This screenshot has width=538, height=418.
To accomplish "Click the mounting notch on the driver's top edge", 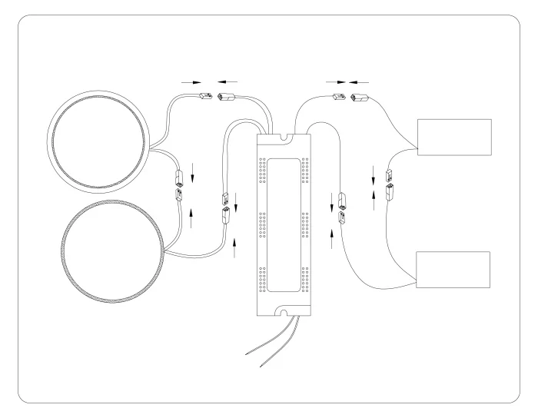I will click(x=285, y=138).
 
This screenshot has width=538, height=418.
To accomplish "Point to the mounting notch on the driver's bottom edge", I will click(x=285, y=312).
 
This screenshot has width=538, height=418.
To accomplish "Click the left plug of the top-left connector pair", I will click(x=206, y=97).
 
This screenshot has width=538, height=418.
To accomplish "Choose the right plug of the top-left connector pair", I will click(x=227, y=98).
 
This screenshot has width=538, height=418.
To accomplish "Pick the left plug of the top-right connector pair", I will click(x=337, y=97).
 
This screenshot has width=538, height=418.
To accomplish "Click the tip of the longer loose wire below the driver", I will click(x=245, y=355).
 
